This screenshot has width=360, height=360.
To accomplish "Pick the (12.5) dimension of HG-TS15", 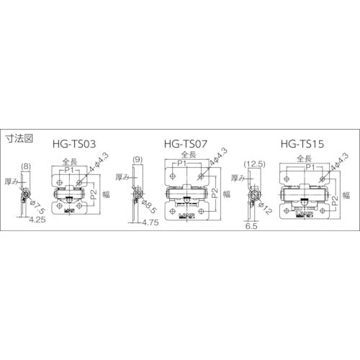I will click(256, 166).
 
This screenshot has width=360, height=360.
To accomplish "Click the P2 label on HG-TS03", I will click(92, 192).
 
